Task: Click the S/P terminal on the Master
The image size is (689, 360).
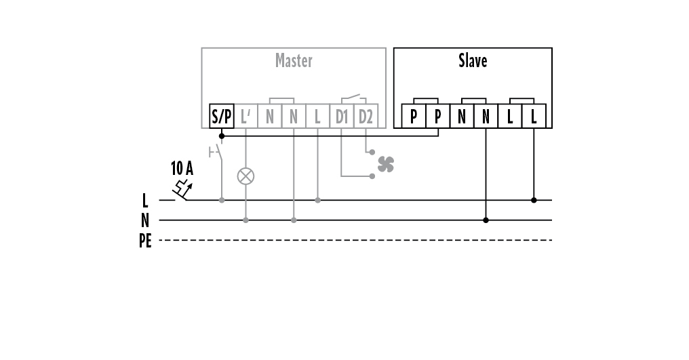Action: click(221, 116)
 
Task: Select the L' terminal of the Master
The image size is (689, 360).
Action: click(245, 116)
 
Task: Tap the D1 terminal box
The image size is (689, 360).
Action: click(341, 116)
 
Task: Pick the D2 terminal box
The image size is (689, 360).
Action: click(366, 116)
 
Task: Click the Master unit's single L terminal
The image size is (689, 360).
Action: click(317, 116)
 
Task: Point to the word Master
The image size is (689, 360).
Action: click(294, 60)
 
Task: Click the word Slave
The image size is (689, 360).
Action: click(473, 60)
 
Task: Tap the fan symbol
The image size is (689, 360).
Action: click(385, 163)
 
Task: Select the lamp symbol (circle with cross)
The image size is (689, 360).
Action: click(245, 176)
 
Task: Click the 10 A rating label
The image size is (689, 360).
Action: click(182, 168)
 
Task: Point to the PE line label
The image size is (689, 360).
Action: click(145, 240)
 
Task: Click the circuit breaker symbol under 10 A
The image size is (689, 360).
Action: click(182, 191)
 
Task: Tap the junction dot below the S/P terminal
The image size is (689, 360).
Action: click(222, 136)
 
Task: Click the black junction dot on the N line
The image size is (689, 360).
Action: click(486, 220)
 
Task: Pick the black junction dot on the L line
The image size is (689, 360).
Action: click(534, 200)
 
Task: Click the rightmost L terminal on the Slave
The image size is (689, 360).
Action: click(534, 116)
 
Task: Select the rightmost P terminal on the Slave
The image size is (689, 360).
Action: click(437, 116)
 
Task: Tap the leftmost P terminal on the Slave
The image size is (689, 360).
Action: click(414, 116)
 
